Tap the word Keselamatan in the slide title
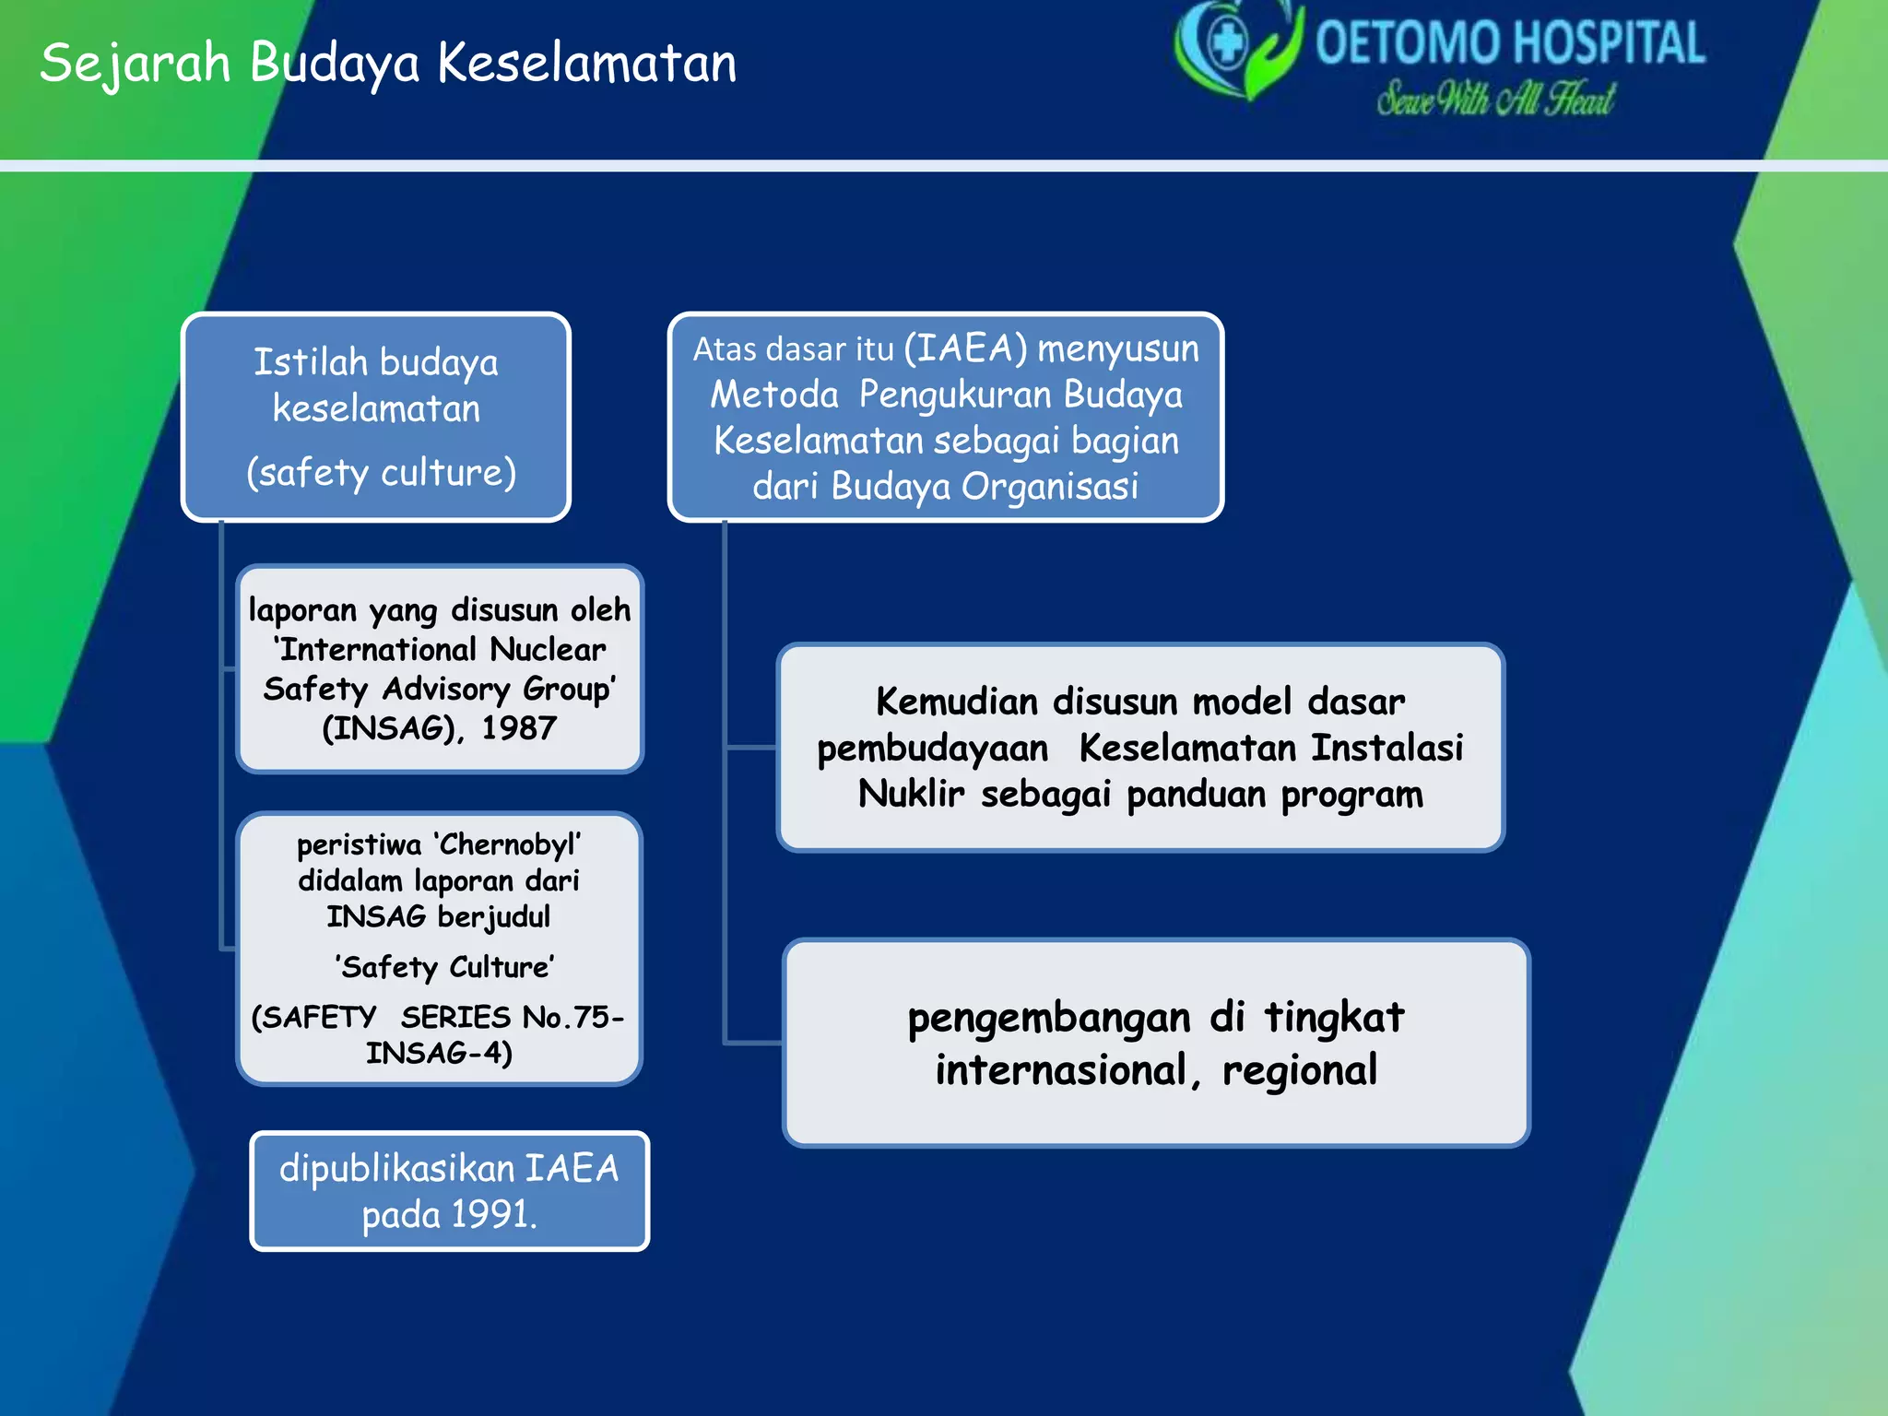(x=587, y=63)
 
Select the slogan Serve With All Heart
(x=1495, y=99)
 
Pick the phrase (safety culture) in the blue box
(x=381, y=472)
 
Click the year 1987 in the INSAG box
(x=519, y=728)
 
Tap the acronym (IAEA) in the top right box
(x=965, y=348)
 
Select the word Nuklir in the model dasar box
(x=911, y=794)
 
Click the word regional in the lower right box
(x=1299, y=1070)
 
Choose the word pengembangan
(x=1049, y=1018)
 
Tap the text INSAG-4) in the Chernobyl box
(x=439, y=1053)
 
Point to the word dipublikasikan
(x=396, y=1168)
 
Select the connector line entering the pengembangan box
(x=753, y=1043)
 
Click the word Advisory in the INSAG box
(x=446, y=689)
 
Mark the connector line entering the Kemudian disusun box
(x=750, y=748)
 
